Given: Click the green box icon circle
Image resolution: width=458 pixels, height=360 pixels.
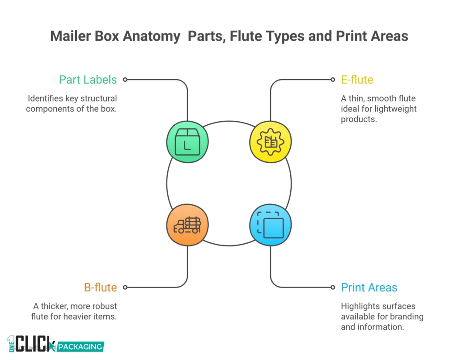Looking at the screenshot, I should coord(187,142).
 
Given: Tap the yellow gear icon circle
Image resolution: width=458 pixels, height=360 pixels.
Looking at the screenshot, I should coord(270,142).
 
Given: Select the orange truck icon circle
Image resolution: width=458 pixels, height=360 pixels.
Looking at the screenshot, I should coord(187,225).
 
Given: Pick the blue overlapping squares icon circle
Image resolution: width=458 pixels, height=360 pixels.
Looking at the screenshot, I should coord(270,225).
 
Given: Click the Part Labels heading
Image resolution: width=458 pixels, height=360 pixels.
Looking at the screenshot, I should coord(88,80).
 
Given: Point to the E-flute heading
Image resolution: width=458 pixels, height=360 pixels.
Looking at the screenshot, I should coord(357,80).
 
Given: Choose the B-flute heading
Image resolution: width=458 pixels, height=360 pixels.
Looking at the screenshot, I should coord(100,287).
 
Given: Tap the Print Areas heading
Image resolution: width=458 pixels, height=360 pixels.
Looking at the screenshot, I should coord(369,287).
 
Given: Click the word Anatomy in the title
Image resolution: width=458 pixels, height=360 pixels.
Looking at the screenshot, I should coord(149,36).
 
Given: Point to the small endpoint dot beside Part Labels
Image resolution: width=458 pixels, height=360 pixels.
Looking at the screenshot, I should coord(125,80).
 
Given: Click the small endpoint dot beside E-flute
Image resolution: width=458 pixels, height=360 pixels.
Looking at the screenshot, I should coord(332,80).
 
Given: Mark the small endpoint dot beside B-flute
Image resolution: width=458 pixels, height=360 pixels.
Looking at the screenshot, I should coord(125,287).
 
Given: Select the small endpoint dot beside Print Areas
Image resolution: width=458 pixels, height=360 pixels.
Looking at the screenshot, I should coord(332,287).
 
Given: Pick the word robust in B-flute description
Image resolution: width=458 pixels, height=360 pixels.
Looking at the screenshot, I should coord(104,306).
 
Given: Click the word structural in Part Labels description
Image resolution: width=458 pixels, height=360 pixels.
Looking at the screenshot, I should coord(97,98).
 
